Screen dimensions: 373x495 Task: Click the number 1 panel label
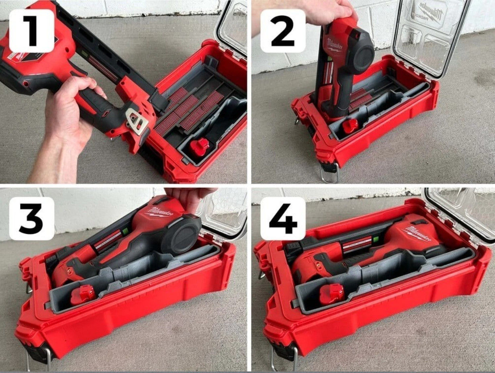(31, 31)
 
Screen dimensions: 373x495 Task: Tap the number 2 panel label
(283, 31)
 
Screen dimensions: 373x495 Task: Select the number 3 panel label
(31, 219)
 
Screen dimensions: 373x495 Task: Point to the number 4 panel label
(283, 219)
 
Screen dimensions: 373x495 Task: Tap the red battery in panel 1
(199, 147)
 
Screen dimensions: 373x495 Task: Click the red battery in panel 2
(349, 126)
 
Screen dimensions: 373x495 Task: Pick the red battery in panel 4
(331, 293)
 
